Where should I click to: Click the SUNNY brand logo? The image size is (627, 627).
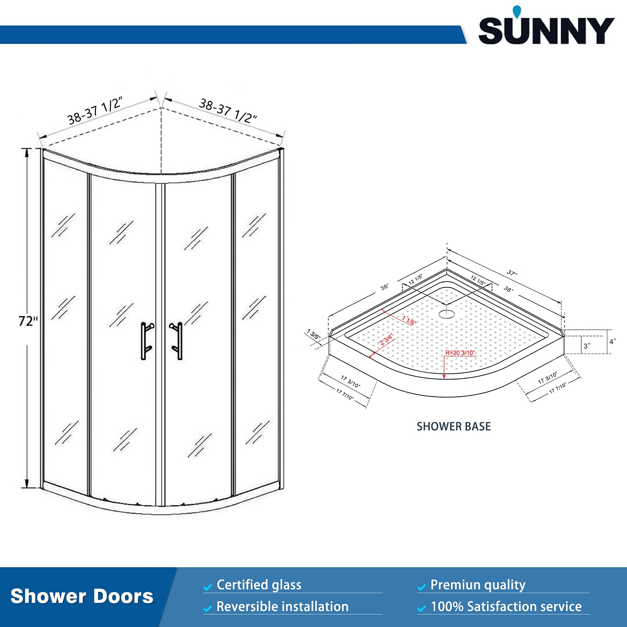click(x=546, y=31)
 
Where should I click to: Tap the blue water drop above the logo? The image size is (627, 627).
click(x=517, y=12)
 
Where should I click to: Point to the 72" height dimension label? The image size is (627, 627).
click(x=28, y=321)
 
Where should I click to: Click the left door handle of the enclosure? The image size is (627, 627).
click(x=145, y=340)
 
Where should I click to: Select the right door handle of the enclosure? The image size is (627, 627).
click(x=178, y=340)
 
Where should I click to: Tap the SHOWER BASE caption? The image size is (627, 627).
click(x=454, y=426)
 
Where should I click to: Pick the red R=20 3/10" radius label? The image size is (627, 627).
click(x=460, y=353)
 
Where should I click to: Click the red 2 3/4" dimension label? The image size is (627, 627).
click(x=386, y=339)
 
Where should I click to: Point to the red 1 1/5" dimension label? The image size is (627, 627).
click(x=409, y=320)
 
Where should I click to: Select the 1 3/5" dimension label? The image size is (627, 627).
click(x=313, y=334)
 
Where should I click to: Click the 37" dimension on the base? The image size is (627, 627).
click(x=512, y=273)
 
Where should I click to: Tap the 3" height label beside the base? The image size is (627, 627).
click(x=587, y=346)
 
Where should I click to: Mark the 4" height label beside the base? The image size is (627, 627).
click(x=612, y=342)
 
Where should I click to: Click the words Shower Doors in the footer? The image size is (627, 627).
click(x=82, y=596)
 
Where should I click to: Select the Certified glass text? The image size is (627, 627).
click(x=259, y=585)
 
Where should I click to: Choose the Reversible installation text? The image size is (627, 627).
click(x=282, y=607)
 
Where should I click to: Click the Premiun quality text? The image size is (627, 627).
click(x=478, y=585)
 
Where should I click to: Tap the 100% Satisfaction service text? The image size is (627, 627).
click(x=506, y=607)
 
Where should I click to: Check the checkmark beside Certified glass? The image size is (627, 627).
click(x=207, y=587)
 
